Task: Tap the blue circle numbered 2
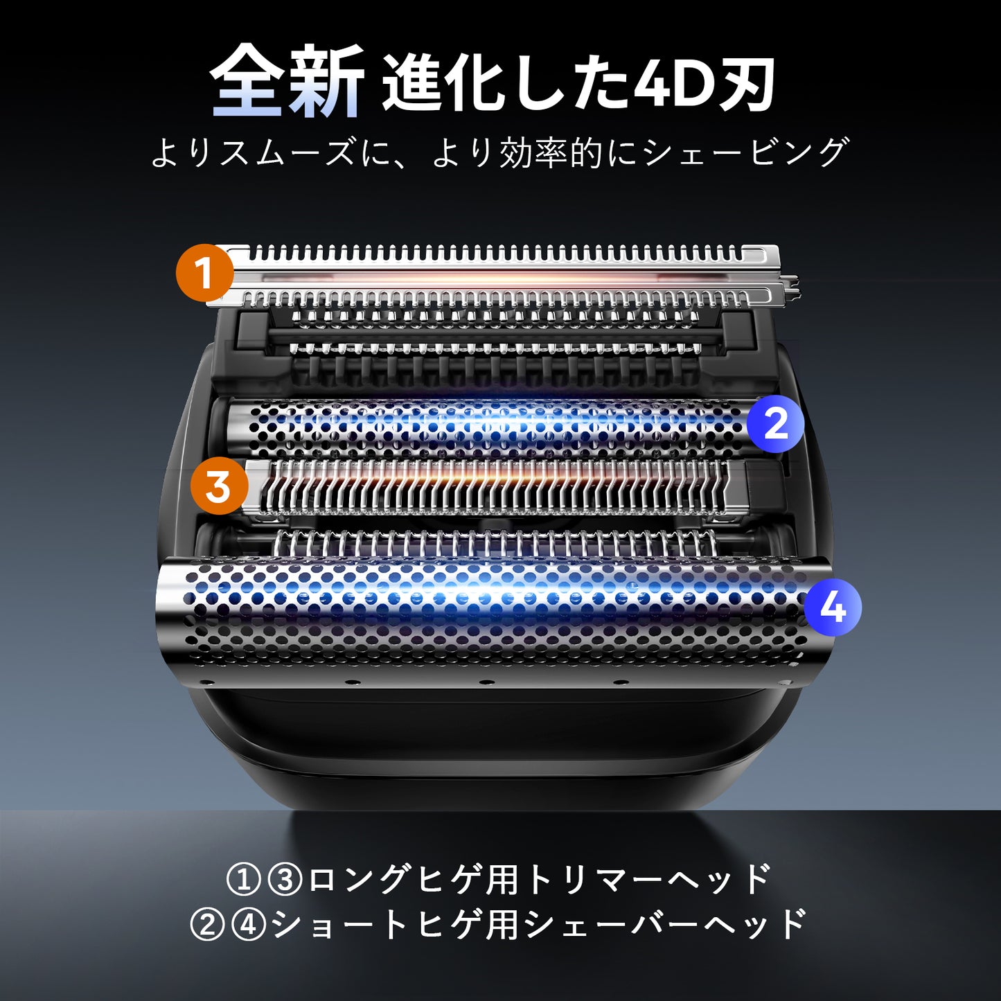coord(775,423)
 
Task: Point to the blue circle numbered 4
coord(832,608)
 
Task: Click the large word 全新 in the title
coord(287,82)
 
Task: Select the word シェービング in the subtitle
coord(746,152)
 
